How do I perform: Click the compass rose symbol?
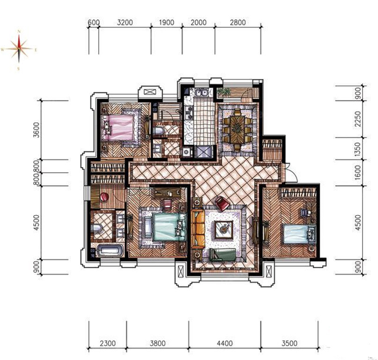(x=19, y=49)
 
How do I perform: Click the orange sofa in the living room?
(x=198, y=229)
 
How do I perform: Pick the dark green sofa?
(x=222, y=255)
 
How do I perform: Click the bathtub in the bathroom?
(x=110, y=250)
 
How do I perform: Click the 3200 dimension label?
(x=125, y=22)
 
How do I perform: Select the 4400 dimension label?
(x=225, y=343)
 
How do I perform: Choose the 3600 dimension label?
(x=36, y=130)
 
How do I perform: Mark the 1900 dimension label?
(x=166, y=22)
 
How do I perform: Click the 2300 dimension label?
(x=108, y=343)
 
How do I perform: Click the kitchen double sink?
(x=202, y=92)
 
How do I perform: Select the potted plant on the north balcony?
(x=223, y=92)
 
